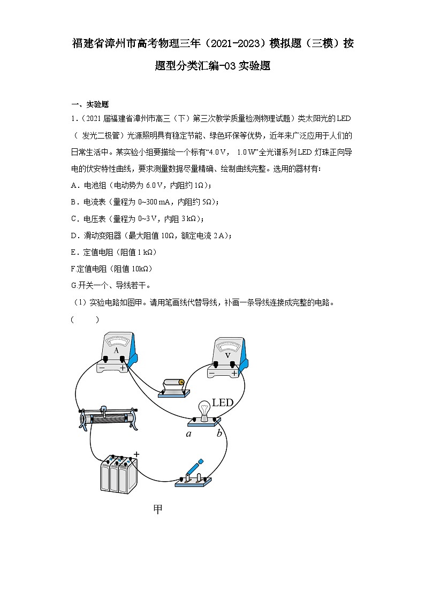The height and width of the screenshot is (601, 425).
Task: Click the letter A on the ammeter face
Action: (116, 351)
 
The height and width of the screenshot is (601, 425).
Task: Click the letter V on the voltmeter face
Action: (227, 354)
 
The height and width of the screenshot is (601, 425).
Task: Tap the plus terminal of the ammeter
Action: (123, 360)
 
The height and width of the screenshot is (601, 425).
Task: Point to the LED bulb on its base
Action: (204, 409)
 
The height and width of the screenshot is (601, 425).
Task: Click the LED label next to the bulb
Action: (223, 402)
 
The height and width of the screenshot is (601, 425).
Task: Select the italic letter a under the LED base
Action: (188, 433)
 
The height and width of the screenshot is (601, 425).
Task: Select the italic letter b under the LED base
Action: (219, 433)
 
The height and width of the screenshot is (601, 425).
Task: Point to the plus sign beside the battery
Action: (136, 454)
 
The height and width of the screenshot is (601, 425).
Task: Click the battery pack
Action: (119, 474)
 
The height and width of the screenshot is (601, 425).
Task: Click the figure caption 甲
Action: (157, 509)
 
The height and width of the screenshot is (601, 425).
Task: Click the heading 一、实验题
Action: (90, 104)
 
